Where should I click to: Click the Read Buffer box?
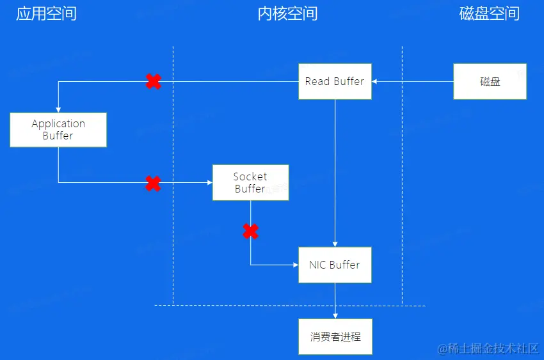click(x=335, y=81)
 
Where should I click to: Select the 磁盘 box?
click(x=490, y=81)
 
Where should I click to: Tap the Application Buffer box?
click(x=58, y=129)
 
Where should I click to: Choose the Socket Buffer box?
click(x=250, y=182)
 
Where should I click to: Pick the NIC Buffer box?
click(x=335, y=264)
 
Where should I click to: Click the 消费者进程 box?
click(x=335, y=336)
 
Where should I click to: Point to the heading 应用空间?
click(x=46, y=14)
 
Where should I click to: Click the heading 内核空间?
click(x=287, y=14)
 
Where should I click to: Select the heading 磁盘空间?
click(x=490, y=14)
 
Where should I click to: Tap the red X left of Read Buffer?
click(x=153, y=81)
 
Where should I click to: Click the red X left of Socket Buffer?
click(x=153, y=184)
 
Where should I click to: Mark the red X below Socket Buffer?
click(x=251, y=231)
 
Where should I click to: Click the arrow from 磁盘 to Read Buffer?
click(x=413, y=81)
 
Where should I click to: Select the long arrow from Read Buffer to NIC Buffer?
click(x=335, y=173)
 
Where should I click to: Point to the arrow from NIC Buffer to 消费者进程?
click(x=335, y=301)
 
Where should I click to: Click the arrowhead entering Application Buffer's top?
click(x=58, y=109)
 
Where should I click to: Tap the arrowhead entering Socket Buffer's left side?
click(x=209, y=183)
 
